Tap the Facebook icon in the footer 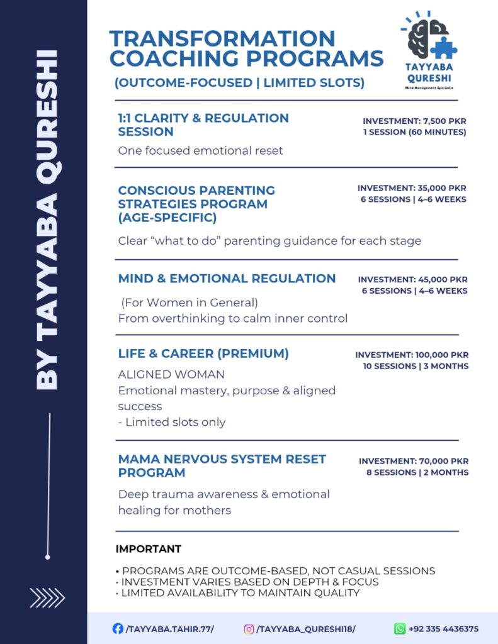click(117, 628)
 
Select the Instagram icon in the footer click(249, 628)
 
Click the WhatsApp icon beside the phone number click(400, 628)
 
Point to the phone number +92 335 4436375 click(444, 628)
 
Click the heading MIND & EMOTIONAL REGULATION click(227, 278)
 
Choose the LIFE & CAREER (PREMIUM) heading click(203, 353)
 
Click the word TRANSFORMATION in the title click(222, 38)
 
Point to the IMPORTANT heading click(148, 549)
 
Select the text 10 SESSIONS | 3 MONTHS click(416, 366)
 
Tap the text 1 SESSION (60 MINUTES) click(414, 132)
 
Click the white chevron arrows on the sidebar click(47, 597)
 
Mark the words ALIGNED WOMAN click(171, 374)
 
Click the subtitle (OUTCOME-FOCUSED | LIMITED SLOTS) click(239, 83)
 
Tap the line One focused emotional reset click(200, 151)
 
